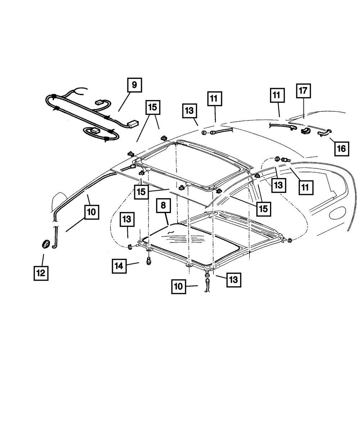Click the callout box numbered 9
134,85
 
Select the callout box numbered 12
41,273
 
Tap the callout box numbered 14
119,266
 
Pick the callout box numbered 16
341,148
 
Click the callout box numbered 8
163,205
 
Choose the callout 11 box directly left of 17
276,95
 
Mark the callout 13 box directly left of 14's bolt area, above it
128,219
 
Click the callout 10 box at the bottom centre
179,287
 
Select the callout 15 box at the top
153,107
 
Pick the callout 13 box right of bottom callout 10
233,280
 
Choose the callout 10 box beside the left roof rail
91,212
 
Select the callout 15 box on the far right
264,209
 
